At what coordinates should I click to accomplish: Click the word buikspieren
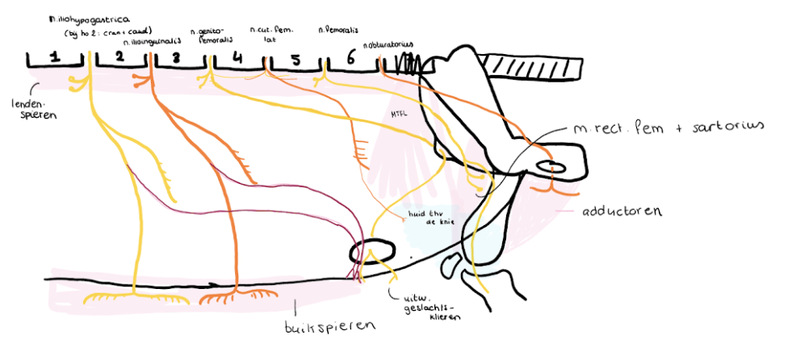click(322, 328)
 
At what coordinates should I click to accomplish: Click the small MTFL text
click(398, 114)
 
